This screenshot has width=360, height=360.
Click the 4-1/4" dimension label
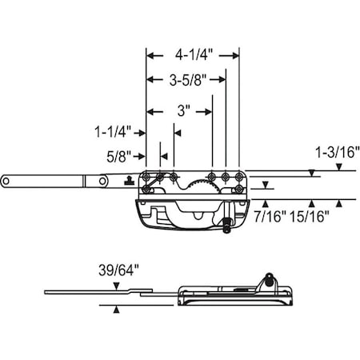click(193, 56)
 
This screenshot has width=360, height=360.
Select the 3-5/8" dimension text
click(186, 79)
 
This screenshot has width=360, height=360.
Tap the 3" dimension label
click(182, 112)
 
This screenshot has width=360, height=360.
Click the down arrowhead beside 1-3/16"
click(338, 167)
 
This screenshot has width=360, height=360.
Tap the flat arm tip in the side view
click(48, 291)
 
